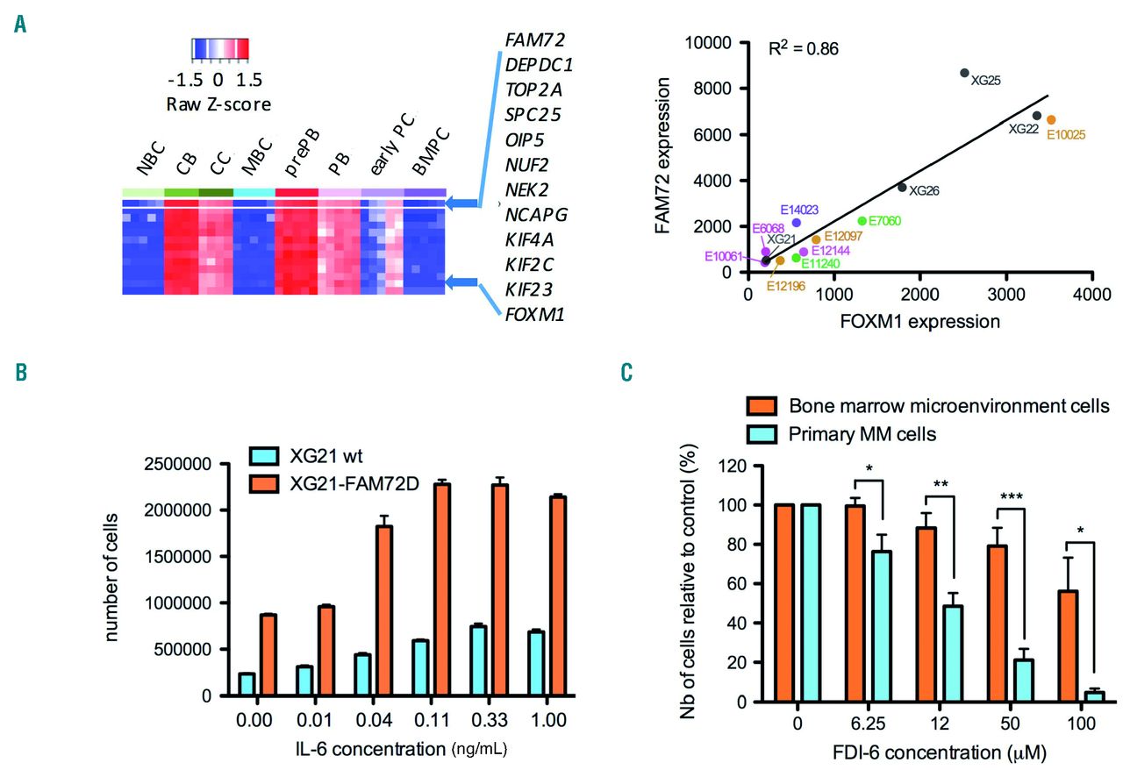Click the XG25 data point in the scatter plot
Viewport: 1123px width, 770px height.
(964, 73)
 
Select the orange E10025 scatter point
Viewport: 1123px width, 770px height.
(1051, 119)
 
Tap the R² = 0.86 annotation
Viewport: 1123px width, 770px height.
(803, 48)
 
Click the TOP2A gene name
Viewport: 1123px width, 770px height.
(534, 89)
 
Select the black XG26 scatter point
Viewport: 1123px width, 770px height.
(902, 187)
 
